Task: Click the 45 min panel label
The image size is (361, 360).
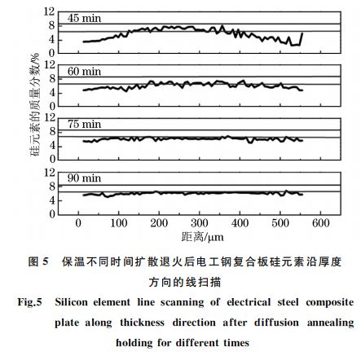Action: [80, 17]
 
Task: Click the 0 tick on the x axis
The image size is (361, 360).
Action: [79, 222]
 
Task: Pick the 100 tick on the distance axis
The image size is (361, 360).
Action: [118, 222]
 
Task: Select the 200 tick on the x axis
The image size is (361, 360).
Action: [159, 222]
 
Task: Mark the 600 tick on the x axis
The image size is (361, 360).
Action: [320, 222]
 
